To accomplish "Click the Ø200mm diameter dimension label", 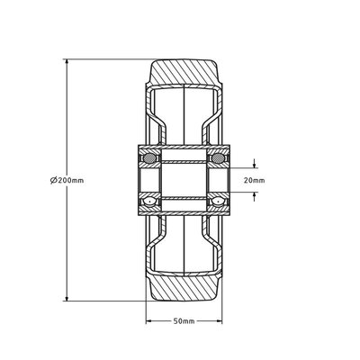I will [67, 180].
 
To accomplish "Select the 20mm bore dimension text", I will [255, 180].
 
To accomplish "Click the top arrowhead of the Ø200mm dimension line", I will [67, 62].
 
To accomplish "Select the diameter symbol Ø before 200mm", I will [55, 180].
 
